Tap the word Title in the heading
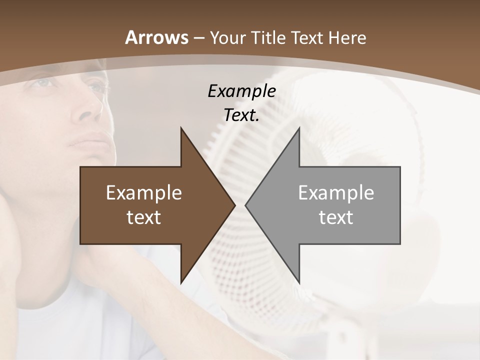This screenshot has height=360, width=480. [x=269, y=38]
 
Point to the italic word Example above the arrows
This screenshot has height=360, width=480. [x=241, y=91]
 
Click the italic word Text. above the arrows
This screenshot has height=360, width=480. [x=241, y=115]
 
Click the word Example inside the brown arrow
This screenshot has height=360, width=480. [x=144, y=192]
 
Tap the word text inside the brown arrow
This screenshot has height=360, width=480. [x=144, y=217]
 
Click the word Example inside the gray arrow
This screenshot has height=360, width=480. [x=336, y=192]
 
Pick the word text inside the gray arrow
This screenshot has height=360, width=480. [x=336, y=217]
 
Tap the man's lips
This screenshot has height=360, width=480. [x=90, y=140]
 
